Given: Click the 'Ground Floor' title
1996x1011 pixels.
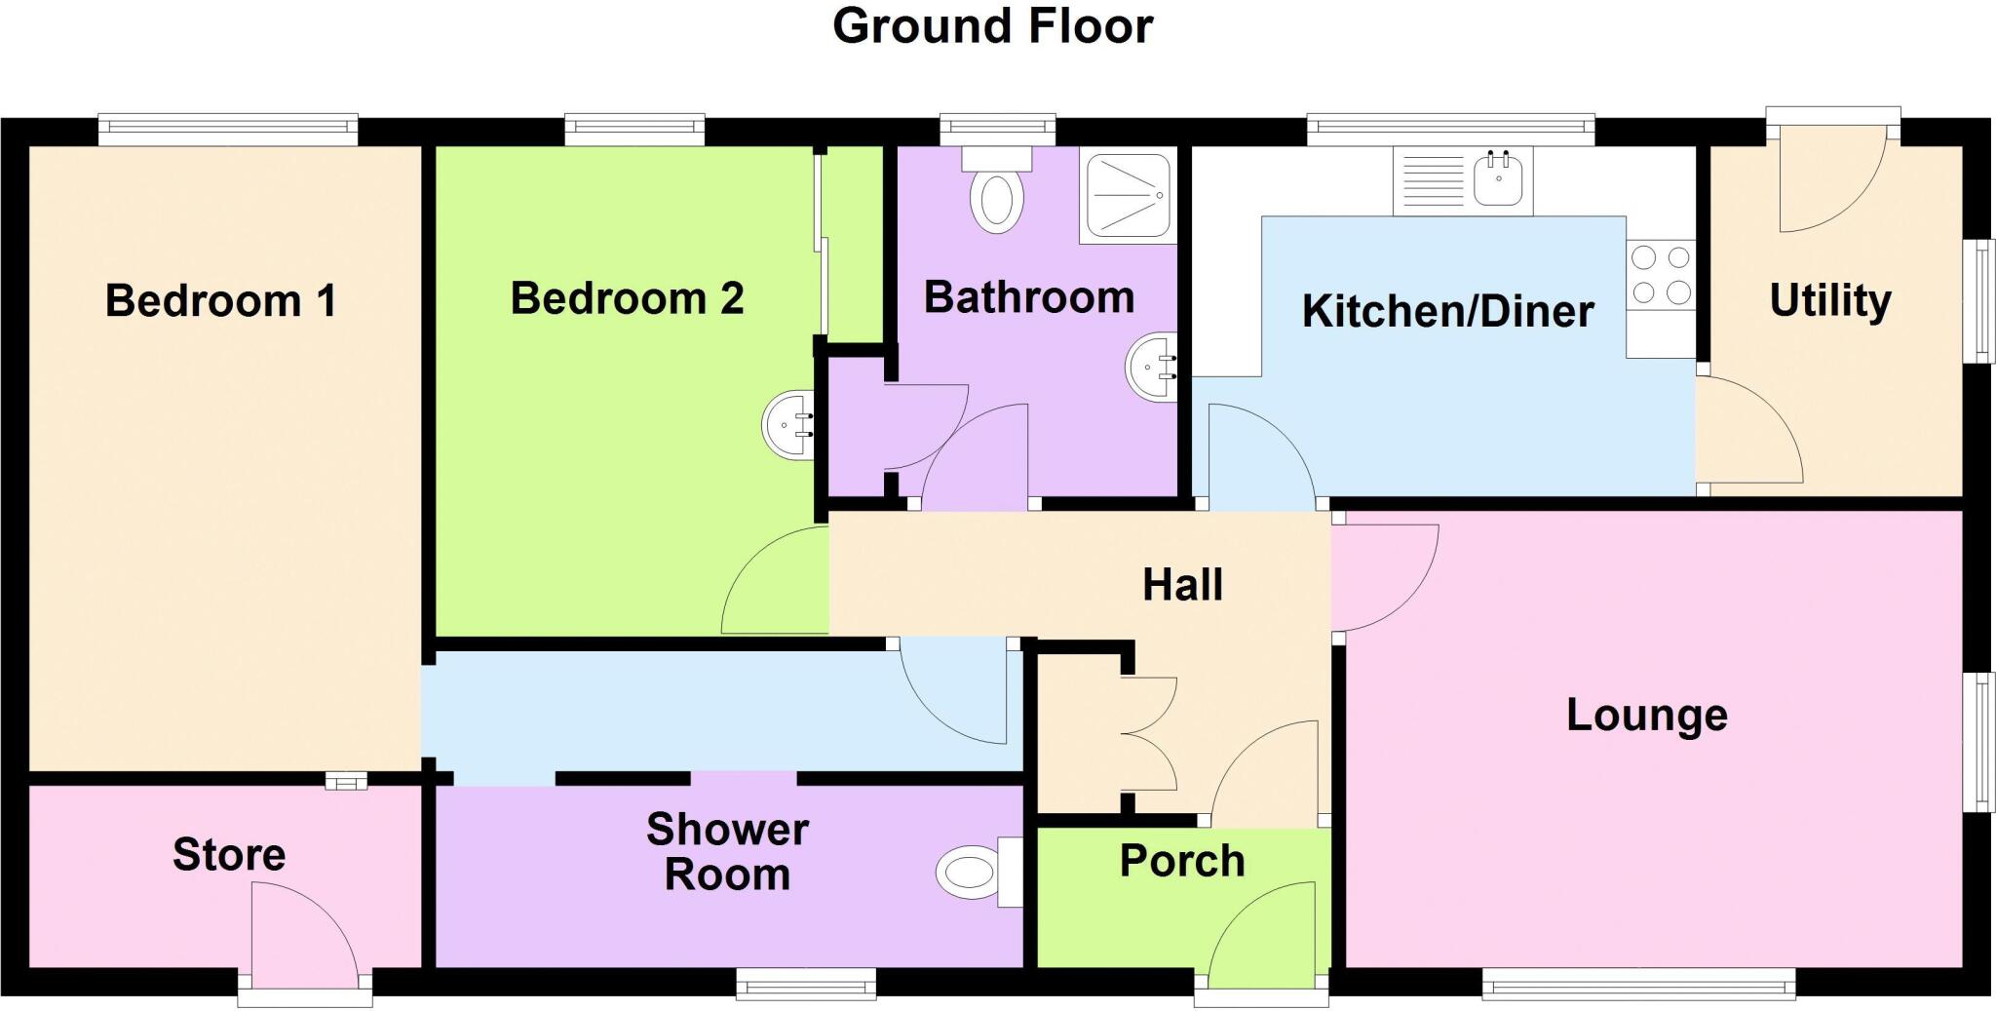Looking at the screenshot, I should (x=992, y=27).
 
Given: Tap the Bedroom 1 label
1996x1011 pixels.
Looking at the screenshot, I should (x=220, y=300).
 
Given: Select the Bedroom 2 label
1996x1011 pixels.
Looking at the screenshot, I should (x=627, y=298).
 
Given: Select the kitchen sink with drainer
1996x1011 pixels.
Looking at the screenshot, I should (x=1462, y=180).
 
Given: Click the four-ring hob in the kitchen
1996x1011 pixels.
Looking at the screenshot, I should (x=1661, y=275).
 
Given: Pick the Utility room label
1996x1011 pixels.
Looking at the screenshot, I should (x=1830, y=300).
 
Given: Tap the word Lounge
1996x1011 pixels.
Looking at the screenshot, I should (x=1647, y=715).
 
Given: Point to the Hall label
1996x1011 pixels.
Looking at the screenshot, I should (x=1182, y=585).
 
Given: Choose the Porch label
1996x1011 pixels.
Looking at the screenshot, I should (x=1182, y=861).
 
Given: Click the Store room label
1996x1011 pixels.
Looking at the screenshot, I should (x=229, y=855).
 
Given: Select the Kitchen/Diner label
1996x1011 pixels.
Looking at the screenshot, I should (x=1448, y=312).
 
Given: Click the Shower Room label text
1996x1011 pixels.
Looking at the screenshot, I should (x=727, y=852).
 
